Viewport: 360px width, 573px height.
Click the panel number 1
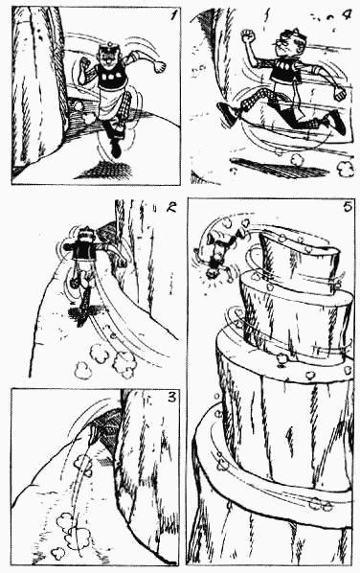coord(174,16)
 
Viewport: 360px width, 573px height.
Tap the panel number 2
coord(170,207)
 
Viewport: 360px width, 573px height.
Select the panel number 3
coord(171,397)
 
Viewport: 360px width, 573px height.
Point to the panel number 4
coord(348,15)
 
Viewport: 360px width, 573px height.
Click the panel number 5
coord(347,207)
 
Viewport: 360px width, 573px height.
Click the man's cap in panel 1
coord(109,48)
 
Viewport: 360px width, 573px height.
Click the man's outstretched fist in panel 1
coord(159,67)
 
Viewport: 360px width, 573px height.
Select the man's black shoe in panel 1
coord(116,148)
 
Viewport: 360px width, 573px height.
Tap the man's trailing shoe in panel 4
coord(228,112)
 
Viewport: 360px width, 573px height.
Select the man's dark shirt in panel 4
coord(286,72)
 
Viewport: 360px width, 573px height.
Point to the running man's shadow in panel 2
coord(83,312)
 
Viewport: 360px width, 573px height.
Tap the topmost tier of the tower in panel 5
coord(300,262)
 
